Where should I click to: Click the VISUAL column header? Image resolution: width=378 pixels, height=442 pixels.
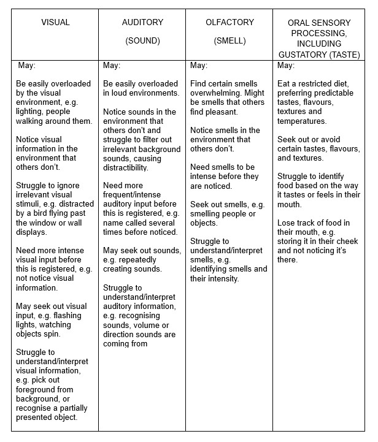[55, 23]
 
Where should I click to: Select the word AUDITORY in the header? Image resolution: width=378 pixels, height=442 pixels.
[142, 23]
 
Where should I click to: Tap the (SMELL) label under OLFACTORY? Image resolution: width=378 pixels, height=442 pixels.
[229, 41]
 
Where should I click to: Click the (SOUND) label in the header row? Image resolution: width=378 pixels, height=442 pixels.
[142, 41]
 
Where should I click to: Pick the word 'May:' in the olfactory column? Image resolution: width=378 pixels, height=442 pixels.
[199, 66]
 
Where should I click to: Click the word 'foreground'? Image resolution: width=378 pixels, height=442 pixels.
[38, 390]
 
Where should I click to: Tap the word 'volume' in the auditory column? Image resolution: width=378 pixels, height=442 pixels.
[146, 325]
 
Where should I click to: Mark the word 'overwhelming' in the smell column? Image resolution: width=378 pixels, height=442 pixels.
[216, 93]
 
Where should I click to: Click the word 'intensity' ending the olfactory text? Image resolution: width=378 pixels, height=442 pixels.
[221, 278]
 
